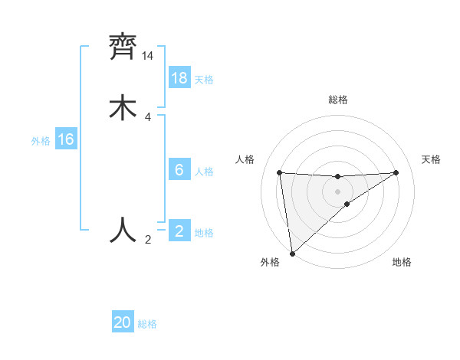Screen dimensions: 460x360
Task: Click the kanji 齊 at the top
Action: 123,47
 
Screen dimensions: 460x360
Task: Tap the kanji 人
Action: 123,230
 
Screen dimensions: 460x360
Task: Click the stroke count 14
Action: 147,56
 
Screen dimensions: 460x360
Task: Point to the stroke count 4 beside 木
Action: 147,117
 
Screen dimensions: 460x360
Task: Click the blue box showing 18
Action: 179,78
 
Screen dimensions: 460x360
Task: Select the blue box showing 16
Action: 66,139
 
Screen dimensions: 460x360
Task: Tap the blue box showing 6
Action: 179,170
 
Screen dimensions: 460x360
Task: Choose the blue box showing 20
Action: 123,322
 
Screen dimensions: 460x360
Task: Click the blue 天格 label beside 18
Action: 204,80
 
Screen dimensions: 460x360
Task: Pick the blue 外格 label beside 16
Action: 41,140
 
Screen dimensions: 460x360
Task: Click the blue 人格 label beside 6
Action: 204,172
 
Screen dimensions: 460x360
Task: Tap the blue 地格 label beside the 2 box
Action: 204,233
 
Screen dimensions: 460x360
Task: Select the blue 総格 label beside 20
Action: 147,324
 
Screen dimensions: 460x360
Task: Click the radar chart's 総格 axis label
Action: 338,100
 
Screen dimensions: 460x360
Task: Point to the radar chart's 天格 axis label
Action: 432,159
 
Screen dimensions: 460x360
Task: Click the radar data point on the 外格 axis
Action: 292,253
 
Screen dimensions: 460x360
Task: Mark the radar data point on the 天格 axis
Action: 396,172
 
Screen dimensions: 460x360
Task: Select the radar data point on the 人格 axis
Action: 280,172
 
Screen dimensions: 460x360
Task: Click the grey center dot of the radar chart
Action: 338,191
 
